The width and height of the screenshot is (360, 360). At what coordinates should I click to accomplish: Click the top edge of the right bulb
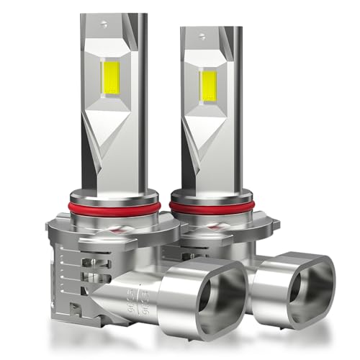click(209, 28)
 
